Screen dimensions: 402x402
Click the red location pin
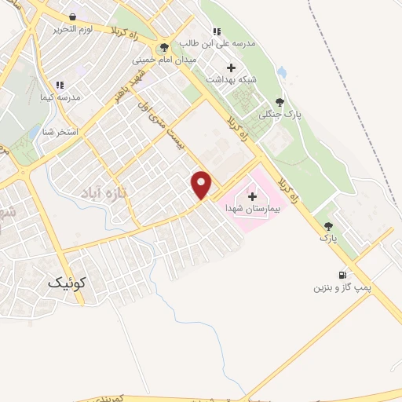click(202, 184)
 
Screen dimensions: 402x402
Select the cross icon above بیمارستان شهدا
click(251, 196)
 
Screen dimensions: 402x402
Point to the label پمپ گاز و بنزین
click(342, 288)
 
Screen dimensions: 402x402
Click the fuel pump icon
click(342, 275)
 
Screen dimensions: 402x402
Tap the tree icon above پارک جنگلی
click(280, 101)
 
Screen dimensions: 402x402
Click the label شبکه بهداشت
click(227, 79)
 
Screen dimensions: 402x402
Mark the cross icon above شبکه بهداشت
click(230, 67)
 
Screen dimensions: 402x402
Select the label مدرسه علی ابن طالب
click(218, 44)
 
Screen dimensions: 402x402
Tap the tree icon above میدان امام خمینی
click(164, 46)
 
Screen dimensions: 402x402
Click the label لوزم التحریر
click(74, 29)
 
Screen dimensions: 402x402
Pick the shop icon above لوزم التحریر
click(73, 16)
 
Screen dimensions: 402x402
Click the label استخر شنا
click(60, 131)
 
